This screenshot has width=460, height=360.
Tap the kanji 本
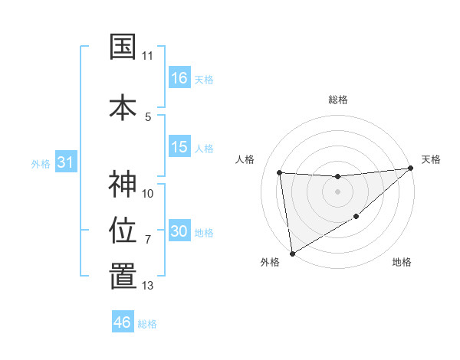(x=123, y=106)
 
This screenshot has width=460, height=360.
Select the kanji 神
(x=123, y=185)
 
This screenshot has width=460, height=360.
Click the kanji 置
(x=123, y=277)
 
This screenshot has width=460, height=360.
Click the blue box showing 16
(x=179, y=77)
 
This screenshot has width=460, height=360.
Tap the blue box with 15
(x=179, y=147)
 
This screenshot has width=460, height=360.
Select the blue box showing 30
(x=179, y=231)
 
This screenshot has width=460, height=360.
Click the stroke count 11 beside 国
(x=148, y=56)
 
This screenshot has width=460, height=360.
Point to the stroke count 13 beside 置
(x=148, y=286)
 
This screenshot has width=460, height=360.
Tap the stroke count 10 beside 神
(x=148, y=193)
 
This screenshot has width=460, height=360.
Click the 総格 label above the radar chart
(x=337, y=100)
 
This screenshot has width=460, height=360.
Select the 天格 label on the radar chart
(x=432, y=159)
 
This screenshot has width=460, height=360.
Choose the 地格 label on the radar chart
(x=402, y=263)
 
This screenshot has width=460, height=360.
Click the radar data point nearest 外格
(x=291, y=253)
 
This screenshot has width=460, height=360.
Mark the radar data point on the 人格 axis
(x=280, y=172)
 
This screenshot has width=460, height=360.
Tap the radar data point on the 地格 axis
(x=356, y=217)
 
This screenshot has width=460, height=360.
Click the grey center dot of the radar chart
(x=337, y=191)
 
